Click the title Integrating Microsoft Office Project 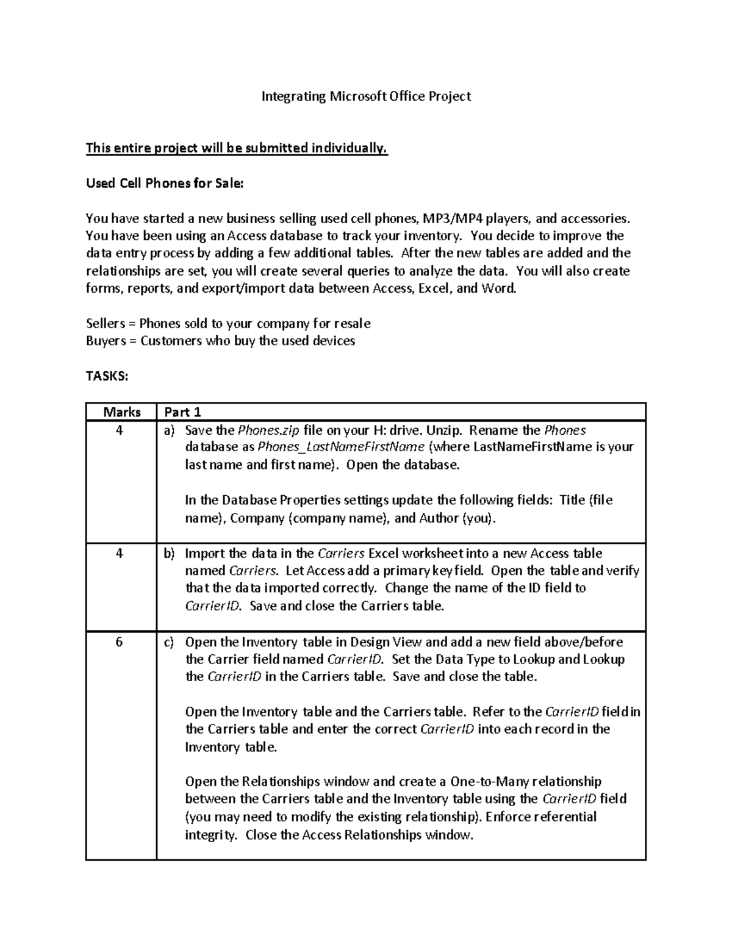(366, 96)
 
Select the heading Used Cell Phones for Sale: (164, 184)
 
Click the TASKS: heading (107, 376)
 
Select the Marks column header (121, 412)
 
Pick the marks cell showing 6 (119, 642)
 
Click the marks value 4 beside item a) (119, 431)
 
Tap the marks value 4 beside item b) (119, 554)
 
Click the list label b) (169, 554)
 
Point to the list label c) (169, 642)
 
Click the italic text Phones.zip (268, 431)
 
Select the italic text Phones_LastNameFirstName (341, 448)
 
